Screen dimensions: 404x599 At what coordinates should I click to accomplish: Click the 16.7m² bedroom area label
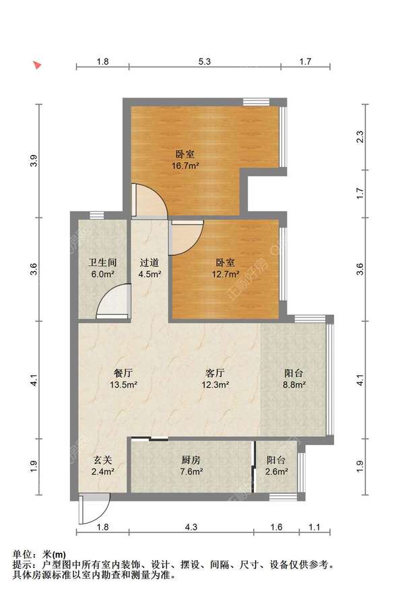click(x=185, y=166)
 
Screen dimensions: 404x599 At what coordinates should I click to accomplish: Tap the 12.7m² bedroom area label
click(x=226, y=274)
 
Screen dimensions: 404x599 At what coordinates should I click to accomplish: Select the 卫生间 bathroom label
click(x=102, y=262)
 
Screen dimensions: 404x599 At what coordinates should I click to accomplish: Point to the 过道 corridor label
click(x=149, y=262)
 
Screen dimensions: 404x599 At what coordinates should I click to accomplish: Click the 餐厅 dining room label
click(x=123, y=373)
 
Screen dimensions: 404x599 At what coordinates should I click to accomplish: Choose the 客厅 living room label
click(x=215, y=373)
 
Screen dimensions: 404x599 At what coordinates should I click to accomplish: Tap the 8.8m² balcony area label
click(x=294, y=385)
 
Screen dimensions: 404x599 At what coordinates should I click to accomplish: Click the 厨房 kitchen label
click(x=191, y=460)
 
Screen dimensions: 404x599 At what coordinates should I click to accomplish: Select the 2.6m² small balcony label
click(x=276, y=472)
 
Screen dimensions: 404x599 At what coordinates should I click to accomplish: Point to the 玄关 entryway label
click(x=103, y=460)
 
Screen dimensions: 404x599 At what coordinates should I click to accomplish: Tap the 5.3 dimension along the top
click(x=205, y=61)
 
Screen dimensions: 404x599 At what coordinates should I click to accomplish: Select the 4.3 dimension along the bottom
click(x=191, y=527)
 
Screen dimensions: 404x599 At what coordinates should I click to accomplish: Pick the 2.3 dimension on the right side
click(x=360, y=137)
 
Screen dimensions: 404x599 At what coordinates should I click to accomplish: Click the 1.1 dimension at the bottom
click(x=314, y=527)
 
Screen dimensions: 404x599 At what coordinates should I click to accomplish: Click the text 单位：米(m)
click(x=39, y=554)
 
